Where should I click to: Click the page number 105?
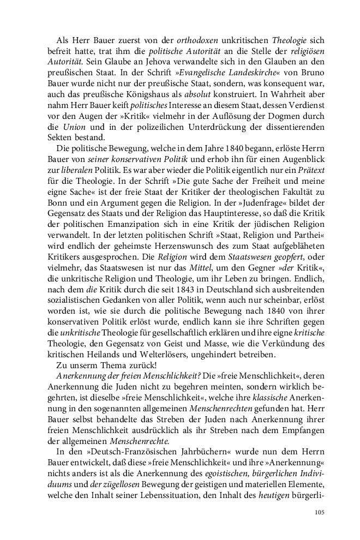tap(320, 512)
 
